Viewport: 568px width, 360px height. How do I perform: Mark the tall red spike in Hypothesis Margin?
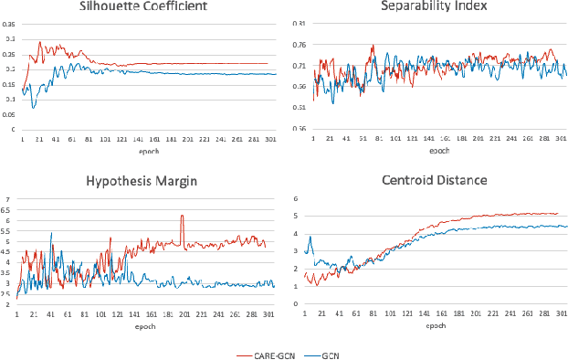182,217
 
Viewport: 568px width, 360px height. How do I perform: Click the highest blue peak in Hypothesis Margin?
50,234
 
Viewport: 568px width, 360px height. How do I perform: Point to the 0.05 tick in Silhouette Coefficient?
9,114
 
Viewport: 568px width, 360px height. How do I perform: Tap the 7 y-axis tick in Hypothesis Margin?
7,199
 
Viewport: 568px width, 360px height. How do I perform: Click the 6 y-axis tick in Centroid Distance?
295,198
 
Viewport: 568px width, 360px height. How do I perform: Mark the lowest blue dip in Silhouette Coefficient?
34,108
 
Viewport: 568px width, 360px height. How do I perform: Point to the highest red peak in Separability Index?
372,47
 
